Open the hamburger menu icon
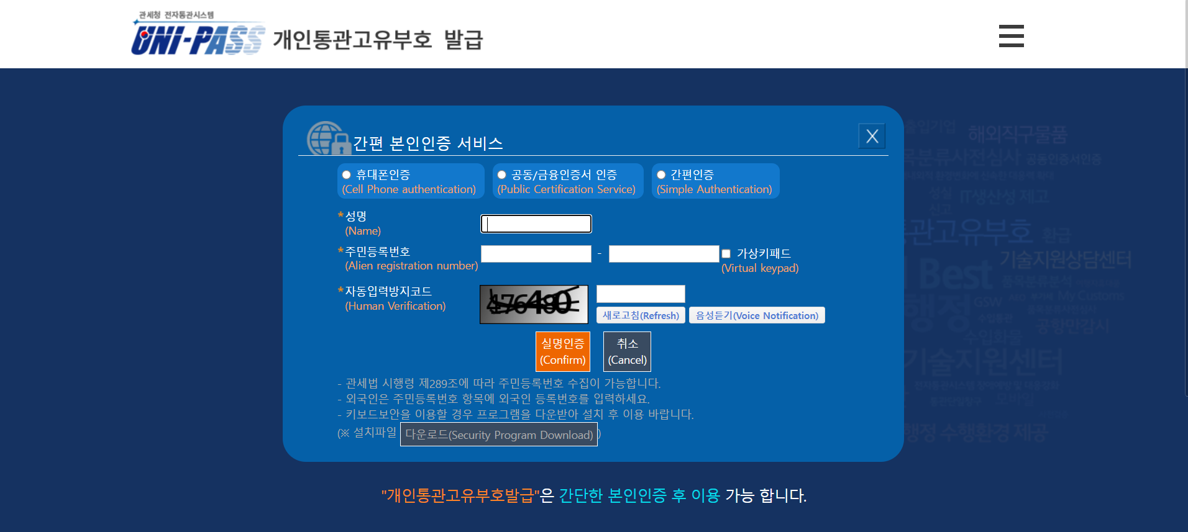1011,36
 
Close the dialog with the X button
872,136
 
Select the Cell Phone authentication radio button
347,175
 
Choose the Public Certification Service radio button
502,175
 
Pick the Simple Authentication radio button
661,175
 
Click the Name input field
536,223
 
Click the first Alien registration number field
536,254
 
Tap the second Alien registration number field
664,254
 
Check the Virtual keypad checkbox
726,254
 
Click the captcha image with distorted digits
534,304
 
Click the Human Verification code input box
641,294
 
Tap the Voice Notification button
757,315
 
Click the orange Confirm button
562,351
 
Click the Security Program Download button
498,435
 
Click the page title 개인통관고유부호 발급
378,40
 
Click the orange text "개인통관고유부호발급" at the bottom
460,495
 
